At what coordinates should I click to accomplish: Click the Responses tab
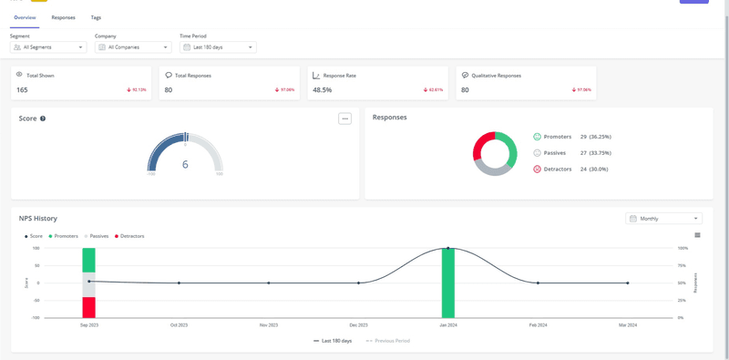click(63, 17)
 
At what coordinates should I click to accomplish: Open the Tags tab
click(96, 17)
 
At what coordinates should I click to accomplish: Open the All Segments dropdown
click(48, 46)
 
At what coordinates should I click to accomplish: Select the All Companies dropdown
click(133, 46)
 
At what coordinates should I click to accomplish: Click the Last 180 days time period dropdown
click(217, 46)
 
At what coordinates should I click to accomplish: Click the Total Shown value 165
click(22, 90)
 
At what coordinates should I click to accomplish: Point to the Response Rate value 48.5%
click(322, 90)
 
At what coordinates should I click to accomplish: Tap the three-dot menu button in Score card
click(344, 118)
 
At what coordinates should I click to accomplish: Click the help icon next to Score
click(43, 118)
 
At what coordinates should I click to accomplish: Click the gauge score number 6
click(185, 165)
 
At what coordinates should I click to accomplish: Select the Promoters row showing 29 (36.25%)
click(571, 137)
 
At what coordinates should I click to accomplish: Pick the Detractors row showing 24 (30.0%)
click(570, 169)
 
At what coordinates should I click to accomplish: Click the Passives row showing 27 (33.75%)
click(571, 153)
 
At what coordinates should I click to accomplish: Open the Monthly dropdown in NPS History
click(663, 219)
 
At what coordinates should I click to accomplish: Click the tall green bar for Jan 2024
click(447, 283)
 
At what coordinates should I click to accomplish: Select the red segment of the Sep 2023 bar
click(88, 307)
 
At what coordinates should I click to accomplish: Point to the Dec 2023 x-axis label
click(358, 324)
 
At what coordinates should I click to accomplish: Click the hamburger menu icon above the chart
click(697, 235)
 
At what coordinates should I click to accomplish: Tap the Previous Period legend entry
click(388, 341)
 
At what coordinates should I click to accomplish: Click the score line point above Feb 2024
click(538, 283)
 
